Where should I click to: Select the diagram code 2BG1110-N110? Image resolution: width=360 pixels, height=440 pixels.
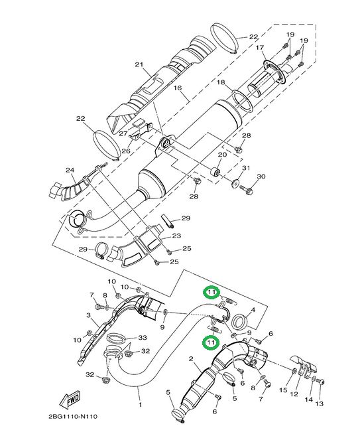[x=73, y=416]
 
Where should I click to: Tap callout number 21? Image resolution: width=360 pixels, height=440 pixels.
[x=139, y=64]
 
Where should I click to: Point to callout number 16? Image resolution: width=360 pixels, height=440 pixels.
[x=178, y=88]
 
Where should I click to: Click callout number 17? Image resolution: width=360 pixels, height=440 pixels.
[x=260, y=48]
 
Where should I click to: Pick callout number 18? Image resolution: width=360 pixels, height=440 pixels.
[x=221, y=82]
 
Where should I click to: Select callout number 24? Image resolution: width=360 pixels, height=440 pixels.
[x=70, y=170]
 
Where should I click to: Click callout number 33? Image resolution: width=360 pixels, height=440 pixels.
[x=143, y=337]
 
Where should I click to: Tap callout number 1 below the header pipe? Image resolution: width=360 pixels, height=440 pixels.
[x=140, y=405]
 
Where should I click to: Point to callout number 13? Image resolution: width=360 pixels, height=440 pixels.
[x=320, y=403]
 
